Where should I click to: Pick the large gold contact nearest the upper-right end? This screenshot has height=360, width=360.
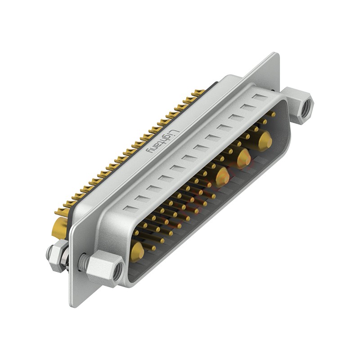pyautogui.click(x=265, y=139)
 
